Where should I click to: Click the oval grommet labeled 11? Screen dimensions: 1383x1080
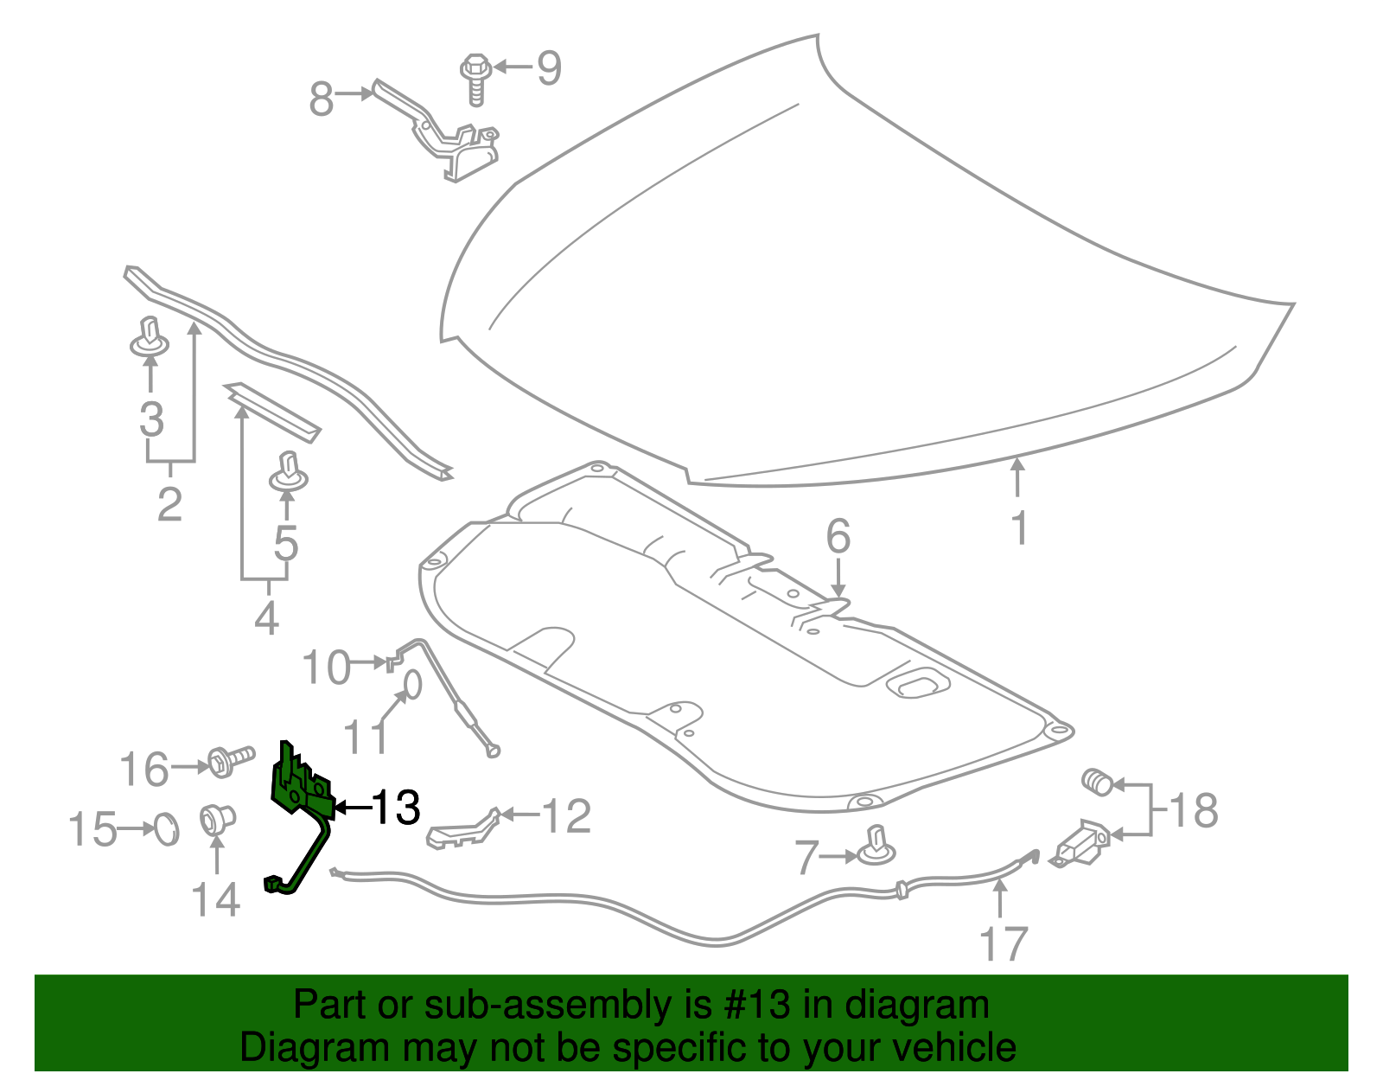tap(412, 684)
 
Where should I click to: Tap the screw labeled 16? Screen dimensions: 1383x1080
tap(228, 762)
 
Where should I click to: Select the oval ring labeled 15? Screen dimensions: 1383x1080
tap(166, 829)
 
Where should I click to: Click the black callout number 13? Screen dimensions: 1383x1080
tap(396, 807)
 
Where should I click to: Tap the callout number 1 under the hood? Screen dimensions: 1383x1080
tap(1019, 527)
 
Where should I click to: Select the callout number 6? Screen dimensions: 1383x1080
tap(838, 537)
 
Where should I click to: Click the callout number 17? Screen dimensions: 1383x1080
tap(1003, 943)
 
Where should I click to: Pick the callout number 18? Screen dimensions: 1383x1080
tap(1194, 810)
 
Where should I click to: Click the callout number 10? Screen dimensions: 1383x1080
tap(327, 668)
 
